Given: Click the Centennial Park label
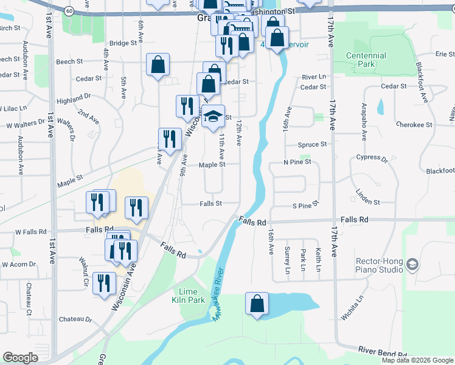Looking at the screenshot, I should [x=366, y=59].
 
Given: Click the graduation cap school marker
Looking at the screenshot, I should [x=213, y=118].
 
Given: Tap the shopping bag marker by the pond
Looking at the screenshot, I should [x=257, y=304].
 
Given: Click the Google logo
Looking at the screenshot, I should [x=20, y=358].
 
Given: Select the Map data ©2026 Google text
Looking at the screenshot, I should [x=418, y=360].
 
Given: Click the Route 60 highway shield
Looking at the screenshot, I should [x=69, y=10].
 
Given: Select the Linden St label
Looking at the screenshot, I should [x=367, y=202].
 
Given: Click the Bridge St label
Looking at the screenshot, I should [x=123, y=43].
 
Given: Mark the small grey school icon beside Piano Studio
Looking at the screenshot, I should [x=412, y=265].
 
